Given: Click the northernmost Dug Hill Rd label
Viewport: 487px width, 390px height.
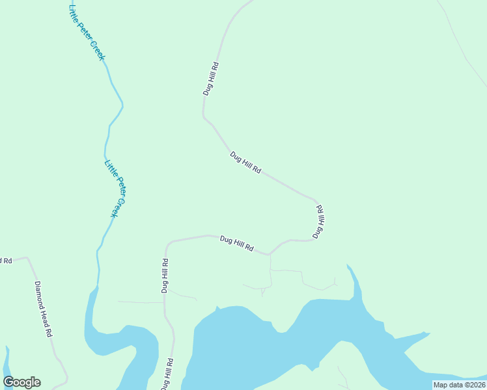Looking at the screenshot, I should coord(210,79).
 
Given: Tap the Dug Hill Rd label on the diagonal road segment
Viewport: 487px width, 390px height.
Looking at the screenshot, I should coord(245,162).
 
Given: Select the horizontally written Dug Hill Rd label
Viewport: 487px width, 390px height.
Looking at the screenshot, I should coord(236,244).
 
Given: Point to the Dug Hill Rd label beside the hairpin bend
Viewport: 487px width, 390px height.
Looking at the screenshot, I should coord(318,222).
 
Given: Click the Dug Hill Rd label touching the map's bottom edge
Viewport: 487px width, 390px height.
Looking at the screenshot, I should coord(168,373).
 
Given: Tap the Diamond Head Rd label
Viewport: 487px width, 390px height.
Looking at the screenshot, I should coord(43,308).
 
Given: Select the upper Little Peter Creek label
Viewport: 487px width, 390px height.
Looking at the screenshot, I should coord(87,32).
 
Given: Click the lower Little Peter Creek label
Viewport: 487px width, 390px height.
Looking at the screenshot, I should coord(113,188).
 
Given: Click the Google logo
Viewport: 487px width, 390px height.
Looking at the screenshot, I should coord(21,382).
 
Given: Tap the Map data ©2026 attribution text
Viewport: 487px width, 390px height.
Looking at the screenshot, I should coord(459,385).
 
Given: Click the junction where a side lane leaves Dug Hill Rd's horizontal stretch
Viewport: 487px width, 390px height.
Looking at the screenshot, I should coord(270,254).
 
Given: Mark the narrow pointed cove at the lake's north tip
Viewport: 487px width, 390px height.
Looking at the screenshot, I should coord(350,268).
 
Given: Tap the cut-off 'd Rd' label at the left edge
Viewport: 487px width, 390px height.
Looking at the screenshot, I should coord(6,261).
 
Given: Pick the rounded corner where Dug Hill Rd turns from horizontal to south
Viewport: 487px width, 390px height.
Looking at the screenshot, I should coord(168,245).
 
